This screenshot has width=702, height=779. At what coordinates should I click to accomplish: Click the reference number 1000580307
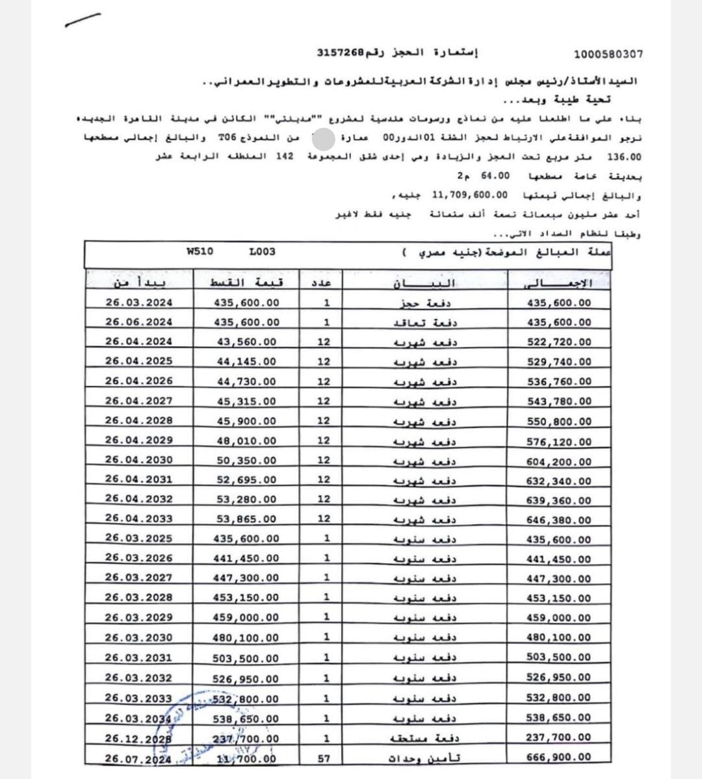coord(608,55)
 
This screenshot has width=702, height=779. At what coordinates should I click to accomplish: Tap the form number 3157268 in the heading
coord(341,52)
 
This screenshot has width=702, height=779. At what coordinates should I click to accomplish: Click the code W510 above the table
coord(200,251)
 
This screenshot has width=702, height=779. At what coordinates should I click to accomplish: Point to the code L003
coord(262,251)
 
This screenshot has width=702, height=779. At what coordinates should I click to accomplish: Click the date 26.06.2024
coord(139,322)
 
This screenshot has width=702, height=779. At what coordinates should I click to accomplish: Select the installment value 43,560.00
coord(246,342)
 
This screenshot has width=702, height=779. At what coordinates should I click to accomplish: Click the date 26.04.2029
coord(139,441)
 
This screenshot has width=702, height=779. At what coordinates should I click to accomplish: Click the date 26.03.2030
coord(139,637)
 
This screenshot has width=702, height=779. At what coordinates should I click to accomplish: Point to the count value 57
coord(324,758)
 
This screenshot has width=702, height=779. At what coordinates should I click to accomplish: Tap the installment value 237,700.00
coord(246,739)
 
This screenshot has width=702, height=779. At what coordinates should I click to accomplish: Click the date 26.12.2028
coord(139,739)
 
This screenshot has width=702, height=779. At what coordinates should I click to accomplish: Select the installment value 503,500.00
coord(246,658)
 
